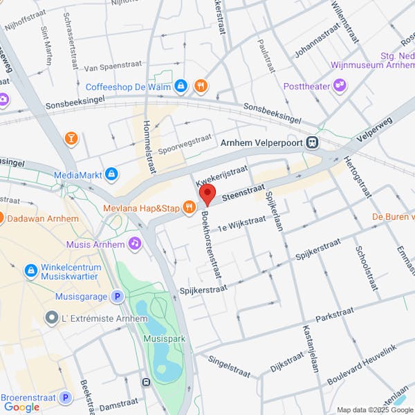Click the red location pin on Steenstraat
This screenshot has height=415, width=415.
tap(207, 194)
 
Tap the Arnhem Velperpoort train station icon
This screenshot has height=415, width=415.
tap(313, 142)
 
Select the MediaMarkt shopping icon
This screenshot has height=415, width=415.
tap(111, 174)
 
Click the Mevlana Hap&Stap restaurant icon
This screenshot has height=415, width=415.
tap(187, 208)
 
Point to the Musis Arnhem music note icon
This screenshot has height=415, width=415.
tap(136, 243)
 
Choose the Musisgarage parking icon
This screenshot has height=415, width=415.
tap(118, 297)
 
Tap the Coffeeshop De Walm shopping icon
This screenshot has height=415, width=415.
tap(181, 86)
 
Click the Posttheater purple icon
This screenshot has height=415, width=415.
tap(339, 86)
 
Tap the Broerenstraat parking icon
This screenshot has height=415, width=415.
tap(65, 397)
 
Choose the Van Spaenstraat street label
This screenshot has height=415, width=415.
tap(112, 68)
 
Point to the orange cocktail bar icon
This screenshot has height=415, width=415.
tap(71, 139)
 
